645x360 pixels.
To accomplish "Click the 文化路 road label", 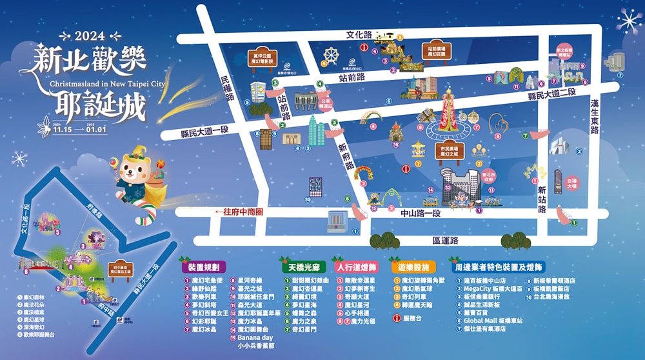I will tap(359, 34).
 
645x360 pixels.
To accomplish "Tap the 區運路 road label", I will tap(445, 241).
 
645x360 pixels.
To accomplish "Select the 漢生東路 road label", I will tap(595, 117).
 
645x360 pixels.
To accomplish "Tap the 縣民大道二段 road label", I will tap(551, 94).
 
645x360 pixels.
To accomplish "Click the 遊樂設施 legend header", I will tap(413, 266).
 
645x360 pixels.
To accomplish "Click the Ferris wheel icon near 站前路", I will tap(331, 55).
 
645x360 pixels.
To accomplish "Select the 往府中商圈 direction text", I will tap(239, 212).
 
